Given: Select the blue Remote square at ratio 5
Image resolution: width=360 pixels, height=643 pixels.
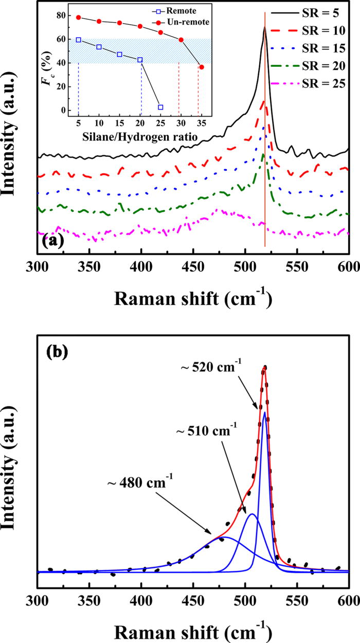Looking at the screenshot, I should click(x=78, y=40).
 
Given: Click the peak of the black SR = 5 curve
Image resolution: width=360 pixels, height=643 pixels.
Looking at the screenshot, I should click(x=264, y=28).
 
